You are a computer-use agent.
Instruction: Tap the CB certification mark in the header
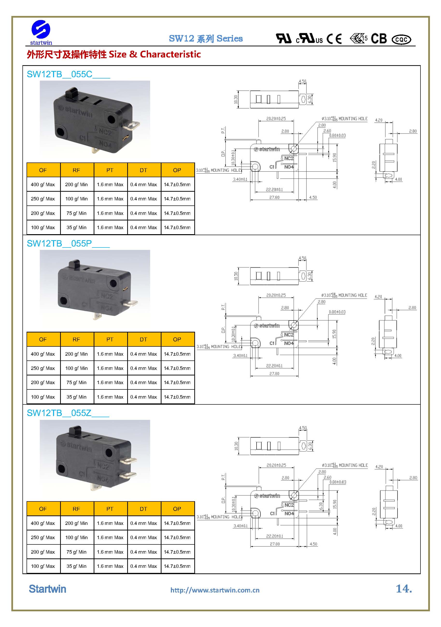coord(378,39)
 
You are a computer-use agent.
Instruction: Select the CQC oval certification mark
coord(401,40)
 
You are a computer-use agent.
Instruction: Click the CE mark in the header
coord(334,39)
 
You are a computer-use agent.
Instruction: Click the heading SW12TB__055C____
coord(68,74)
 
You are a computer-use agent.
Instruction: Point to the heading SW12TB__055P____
coord(68,244)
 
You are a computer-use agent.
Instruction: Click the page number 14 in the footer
coord(403,589)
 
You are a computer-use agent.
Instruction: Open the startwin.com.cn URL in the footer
coord(215,590)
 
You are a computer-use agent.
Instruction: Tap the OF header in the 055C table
coord(43,170)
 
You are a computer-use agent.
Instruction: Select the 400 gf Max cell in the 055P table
coord(43,354)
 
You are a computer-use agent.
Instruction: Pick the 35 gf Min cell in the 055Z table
coord(77,566)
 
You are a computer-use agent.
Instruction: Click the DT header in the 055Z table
coord(143,509)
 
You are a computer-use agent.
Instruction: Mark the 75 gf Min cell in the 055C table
coord(77,213)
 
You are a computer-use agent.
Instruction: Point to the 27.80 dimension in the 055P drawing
coord(274,373)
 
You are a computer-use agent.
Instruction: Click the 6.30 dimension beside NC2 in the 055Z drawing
coord(321,506)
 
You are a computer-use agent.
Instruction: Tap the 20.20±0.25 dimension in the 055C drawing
coord(276,119)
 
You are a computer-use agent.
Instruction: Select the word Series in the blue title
coord(229,38)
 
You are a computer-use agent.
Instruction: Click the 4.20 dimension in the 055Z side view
coord(379,467)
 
